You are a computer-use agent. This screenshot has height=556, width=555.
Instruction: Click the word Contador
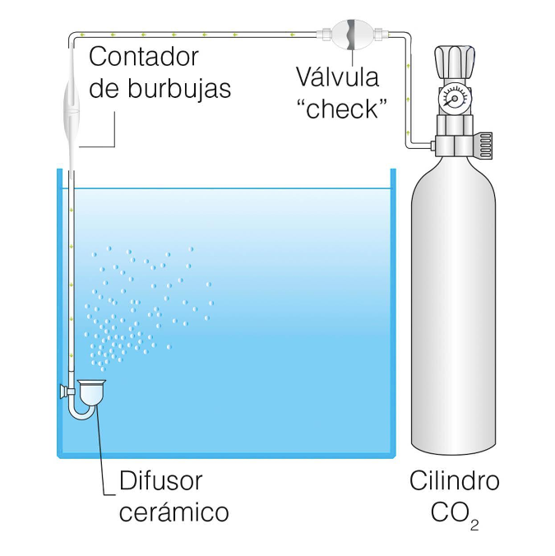[144, 57]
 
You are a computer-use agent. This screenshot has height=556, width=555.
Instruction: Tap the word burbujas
[179, 89]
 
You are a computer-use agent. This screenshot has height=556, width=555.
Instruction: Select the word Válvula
[337, 76]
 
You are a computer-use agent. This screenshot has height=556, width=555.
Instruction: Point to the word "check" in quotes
[342, 109]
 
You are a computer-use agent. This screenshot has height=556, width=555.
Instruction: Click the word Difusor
[161, 480]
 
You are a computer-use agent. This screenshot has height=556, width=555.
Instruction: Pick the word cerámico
[174, 512]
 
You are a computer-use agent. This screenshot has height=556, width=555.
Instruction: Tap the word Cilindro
[455, 480]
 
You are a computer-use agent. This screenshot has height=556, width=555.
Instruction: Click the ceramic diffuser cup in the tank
[91, 393]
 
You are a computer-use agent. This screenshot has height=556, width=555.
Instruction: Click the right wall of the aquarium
[393, 312]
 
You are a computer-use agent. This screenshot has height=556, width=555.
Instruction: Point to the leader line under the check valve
[352, 58]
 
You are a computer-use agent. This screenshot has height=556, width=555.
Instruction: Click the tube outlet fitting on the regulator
[432, 145]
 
